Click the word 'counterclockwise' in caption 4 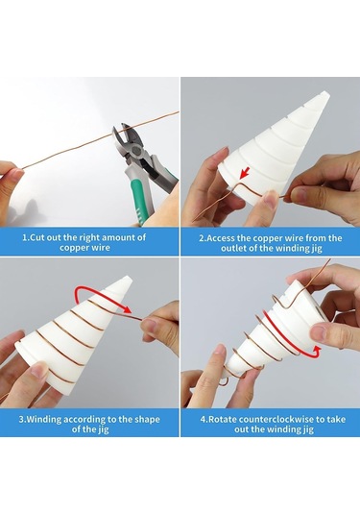point(271,418)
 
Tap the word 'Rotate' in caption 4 point(223,418)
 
